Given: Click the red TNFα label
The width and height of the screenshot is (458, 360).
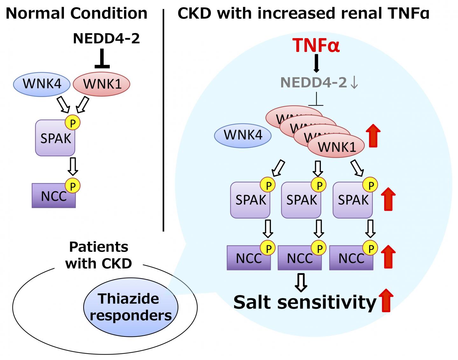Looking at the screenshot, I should [x=316, y=45].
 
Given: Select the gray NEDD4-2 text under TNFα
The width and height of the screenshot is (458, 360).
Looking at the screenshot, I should [x=313, y=83].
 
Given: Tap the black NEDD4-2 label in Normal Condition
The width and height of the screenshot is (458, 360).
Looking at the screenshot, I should [x=106, y=38].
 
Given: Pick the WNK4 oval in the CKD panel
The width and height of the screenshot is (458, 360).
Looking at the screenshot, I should [x=243, y=135].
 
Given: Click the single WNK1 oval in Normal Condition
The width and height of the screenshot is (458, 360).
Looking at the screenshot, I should [x=102, y=84].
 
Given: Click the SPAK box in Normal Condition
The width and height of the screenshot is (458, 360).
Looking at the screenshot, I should [x=55, y=138].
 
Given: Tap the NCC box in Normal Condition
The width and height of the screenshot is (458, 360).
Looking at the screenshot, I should [x=53, y=196].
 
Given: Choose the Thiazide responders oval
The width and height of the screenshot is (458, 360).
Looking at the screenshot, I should [x=131, y=307].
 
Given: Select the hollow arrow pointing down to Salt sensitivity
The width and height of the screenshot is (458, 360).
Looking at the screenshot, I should [x=301, y=282].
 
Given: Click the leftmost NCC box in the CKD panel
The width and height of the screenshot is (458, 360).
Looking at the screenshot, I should [x=248, y=258].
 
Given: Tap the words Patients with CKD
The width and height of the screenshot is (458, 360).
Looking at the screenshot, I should [x=99, y=255].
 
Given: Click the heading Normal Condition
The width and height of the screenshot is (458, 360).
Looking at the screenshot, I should [x=77, y=14].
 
